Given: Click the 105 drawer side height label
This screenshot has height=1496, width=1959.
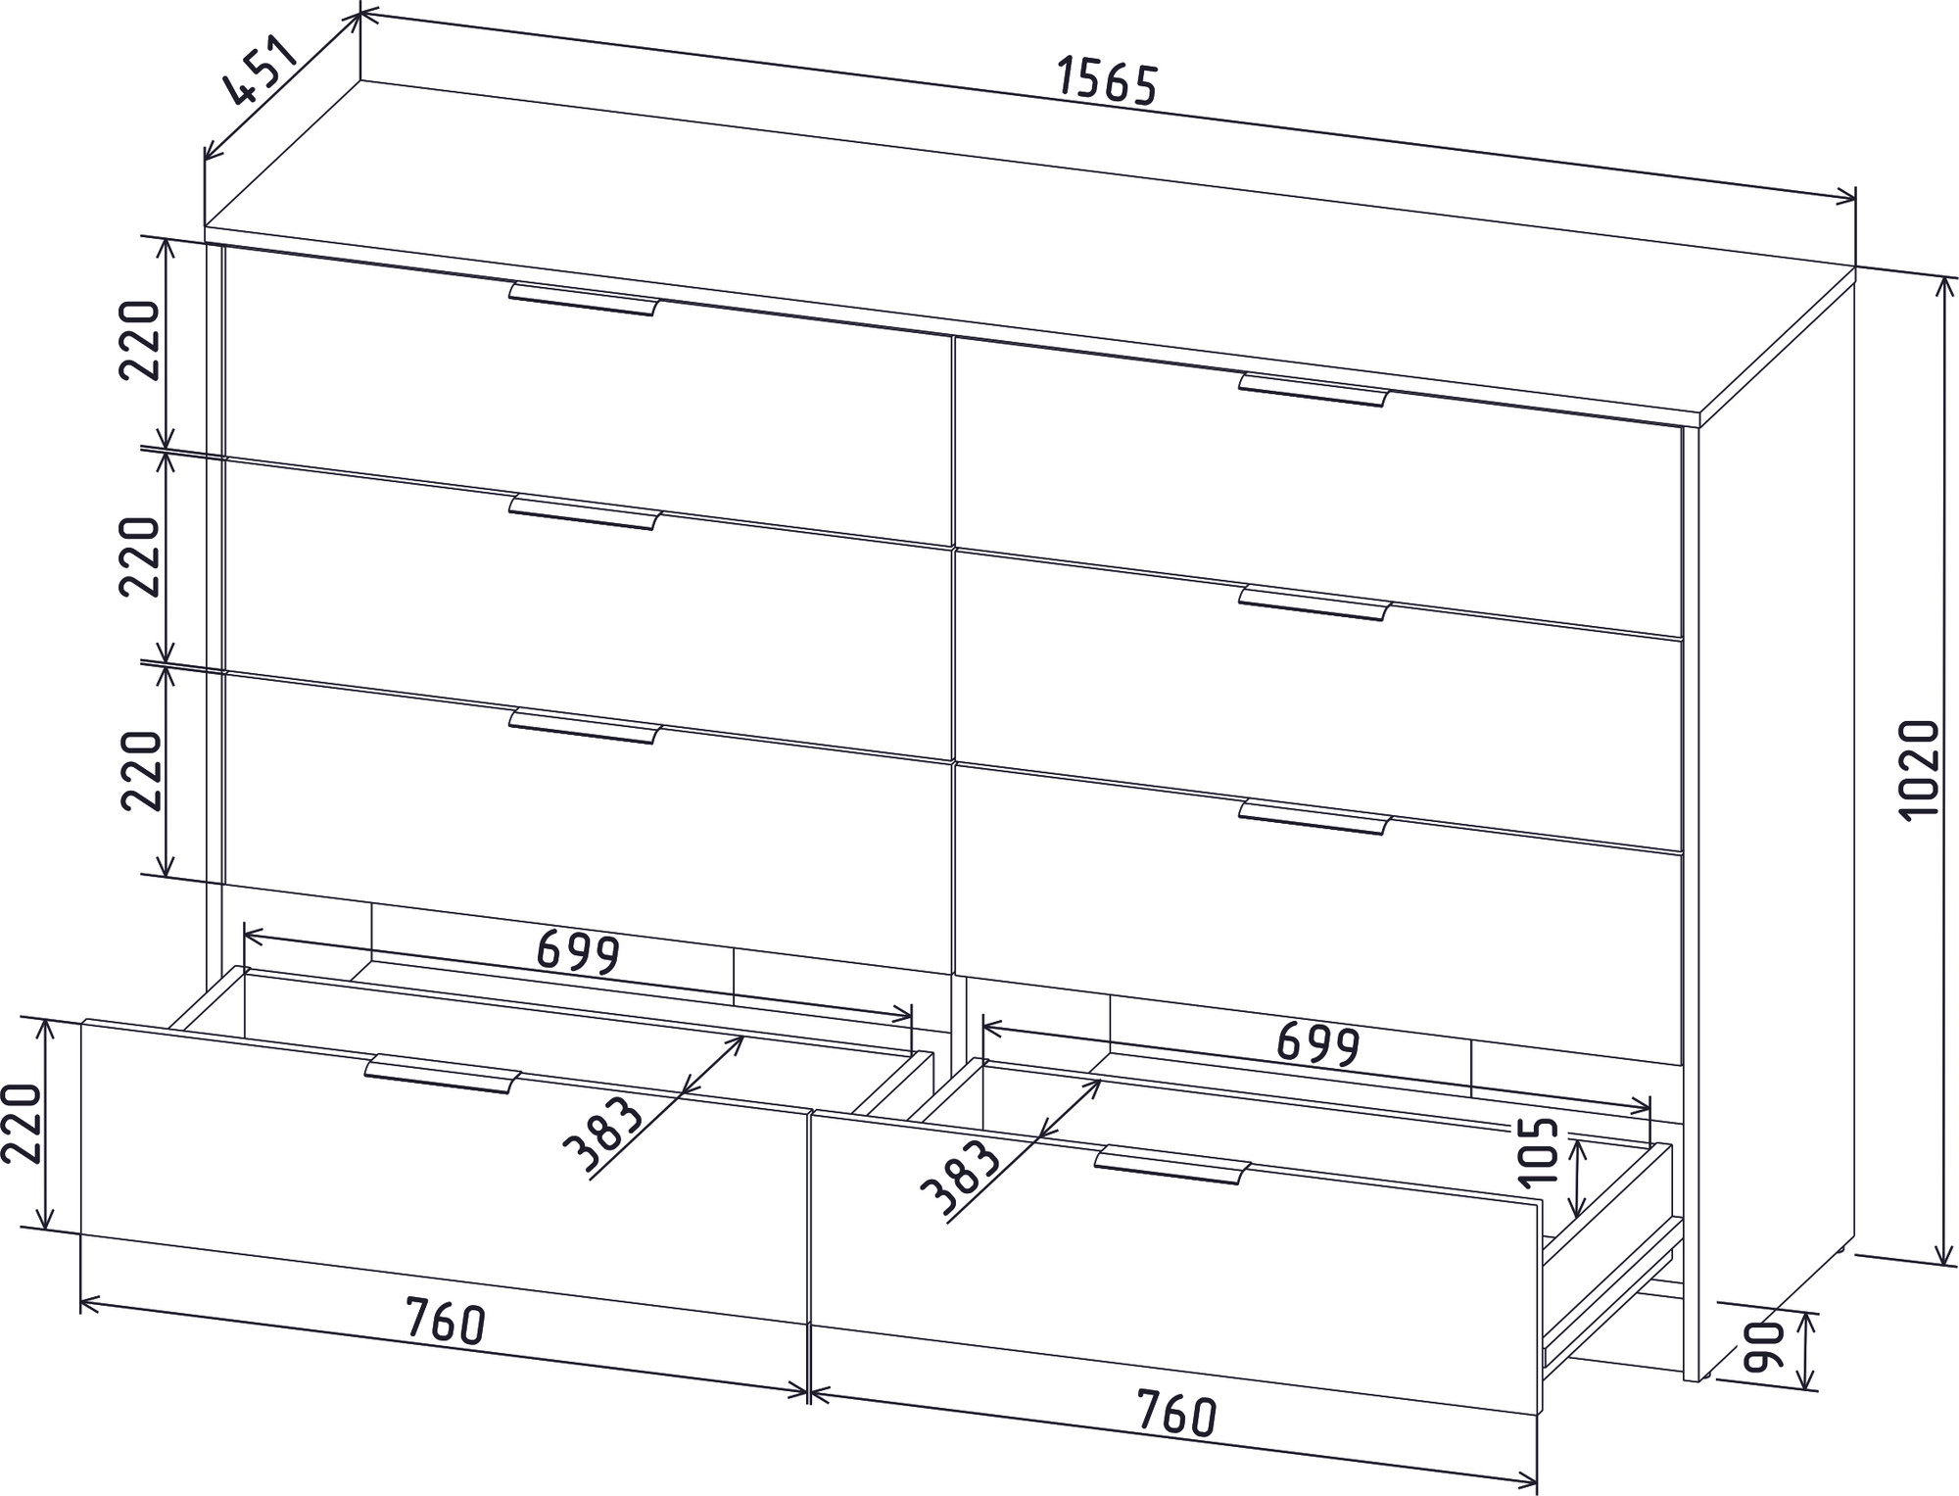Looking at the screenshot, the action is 1541,1149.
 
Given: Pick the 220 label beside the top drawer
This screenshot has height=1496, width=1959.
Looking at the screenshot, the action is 140,340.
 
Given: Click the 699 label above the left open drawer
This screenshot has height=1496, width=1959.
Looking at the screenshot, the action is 579,951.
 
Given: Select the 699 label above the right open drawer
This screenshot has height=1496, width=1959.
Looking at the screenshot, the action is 1318,1044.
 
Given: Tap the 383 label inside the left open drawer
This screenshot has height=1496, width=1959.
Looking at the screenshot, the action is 603,1134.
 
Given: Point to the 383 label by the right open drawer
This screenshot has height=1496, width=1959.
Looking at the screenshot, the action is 961,1178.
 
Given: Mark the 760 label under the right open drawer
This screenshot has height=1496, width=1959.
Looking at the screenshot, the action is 1175,1415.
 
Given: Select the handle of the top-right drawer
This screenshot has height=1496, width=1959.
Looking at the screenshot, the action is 1314,389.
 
